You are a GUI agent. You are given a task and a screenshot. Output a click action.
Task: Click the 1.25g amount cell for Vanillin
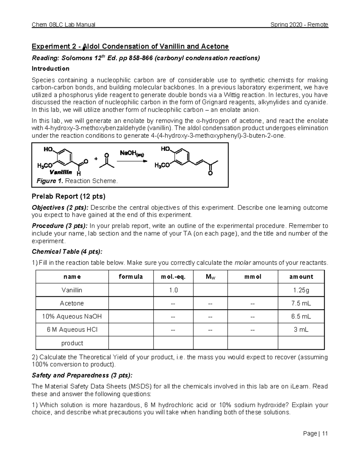coord(301,290)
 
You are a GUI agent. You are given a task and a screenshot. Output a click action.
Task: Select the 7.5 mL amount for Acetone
coord(301,303)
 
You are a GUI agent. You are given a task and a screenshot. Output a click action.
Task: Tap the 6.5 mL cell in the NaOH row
coord(301,317)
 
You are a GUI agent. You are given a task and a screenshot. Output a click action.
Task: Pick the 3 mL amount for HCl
coord(301,330)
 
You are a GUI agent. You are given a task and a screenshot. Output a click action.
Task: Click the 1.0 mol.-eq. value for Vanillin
coord(173,290)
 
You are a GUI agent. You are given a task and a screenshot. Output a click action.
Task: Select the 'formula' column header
coord(131,277)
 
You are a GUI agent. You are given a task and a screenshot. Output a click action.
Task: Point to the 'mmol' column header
coord(253,277)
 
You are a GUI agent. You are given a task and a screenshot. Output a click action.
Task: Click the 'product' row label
coord(72,343)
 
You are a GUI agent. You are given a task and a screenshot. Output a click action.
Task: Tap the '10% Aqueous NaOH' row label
coord(72,317)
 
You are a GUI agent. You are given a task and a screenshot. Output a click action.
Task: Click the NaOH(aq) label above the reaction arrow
coord(132,154)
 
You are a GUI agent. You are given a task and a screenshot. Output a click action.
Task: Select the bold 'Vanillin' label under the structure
coord(61,172)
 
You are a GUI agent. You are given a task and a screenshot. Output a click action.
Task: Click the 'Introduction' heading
coord(50,69)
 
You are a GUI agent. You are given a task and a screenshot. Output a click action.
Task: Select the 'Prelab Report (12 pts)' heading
coord(68,197)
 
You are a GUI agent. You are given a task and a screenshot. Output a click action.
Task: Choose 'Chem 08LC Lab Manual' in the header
coord(64,25)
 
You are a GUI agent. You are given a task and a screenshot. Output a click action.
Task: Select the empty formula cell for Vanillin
coord(131,290)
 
